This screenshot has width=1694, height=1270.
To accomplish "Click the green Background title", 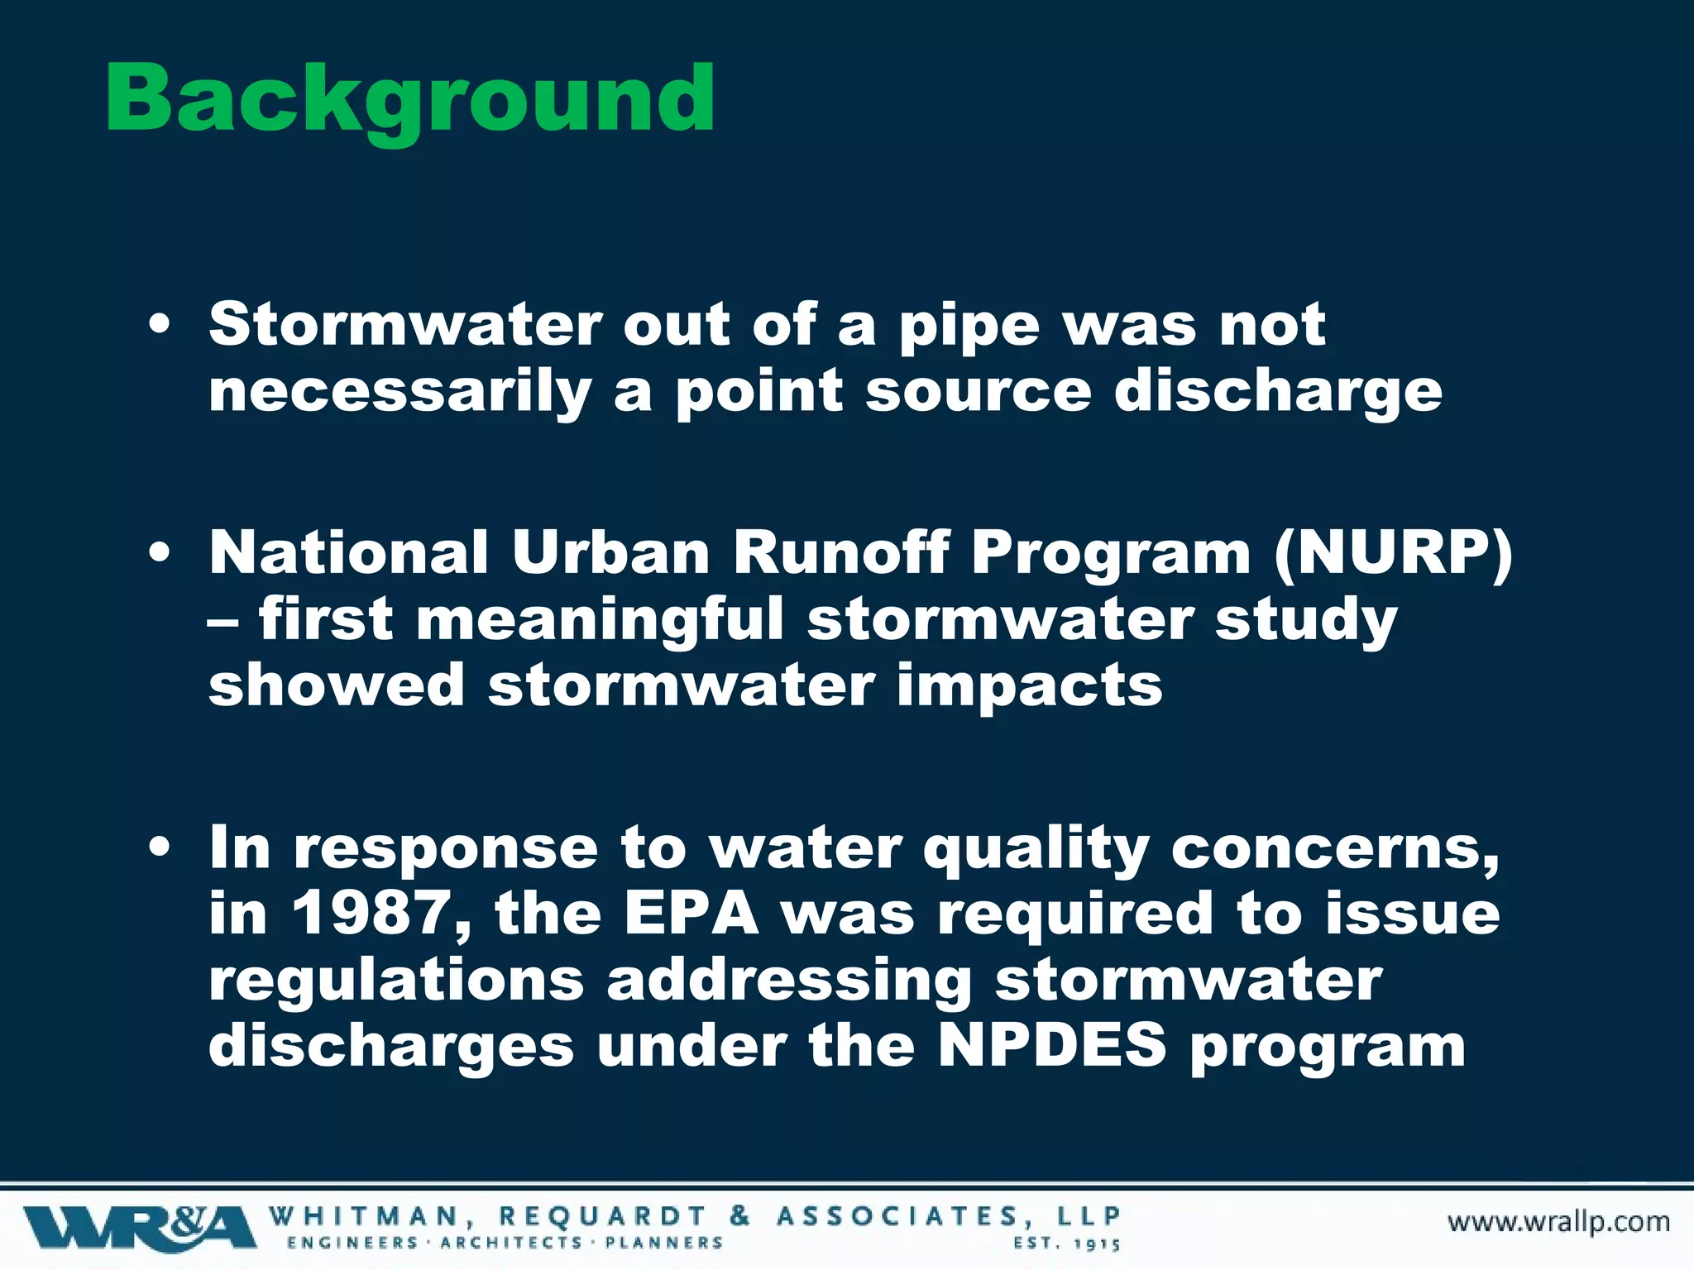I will (x=409, y=99).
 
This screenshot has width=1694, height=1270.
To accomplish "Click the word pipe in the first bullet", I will (x=969, y=327).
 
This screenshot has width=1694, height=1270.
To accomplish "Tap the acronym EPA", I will (x=691, y=914).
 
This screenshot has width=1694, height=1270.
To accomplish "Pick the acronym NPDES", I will (x=1052, y=1047).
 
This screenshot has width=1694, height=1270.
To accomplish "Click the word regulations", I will (x=396, y=981).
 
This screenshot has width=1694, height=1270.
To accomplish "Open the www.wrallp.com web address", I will (x=1558, y=1222).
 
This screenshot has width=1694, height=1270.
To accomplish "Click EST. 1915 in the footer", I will (x=1066, y=1244).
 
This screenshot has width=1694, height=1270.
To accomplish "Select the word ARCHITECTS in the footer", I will (x=511, y=1243).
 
